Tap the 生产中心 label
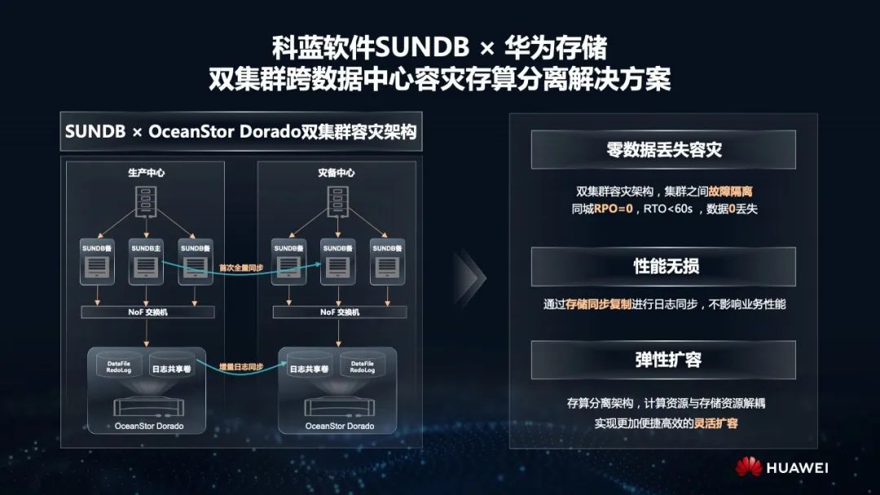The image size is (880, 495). coord(144,173)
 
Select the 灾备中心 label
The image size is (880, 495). coord(337,173)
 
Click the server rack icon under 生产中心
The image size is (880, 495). coord(144,201)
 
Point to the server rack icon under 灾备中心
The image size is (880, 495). coord(337,201)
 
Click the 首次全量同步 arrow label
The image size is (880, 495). coord(241,267)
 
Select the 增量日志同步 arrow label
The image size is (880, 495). coord(241,367)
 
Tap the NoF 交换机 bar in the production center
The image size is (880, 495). coord(147,312)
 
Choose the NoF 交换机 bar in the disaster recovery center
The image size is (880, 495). coord(339,312)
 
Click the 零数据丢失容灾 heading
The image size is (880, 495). coord(663,150)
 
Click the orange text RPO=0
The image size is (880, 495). coord(613,208)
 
